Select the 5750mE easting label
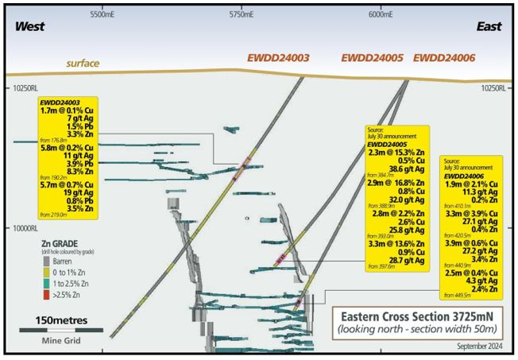coord(242,14)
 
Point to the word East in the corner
coord(489,27)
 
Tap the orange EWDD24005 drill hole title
coord(373,59)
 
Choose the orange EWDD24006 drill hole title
coord(444,59)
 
